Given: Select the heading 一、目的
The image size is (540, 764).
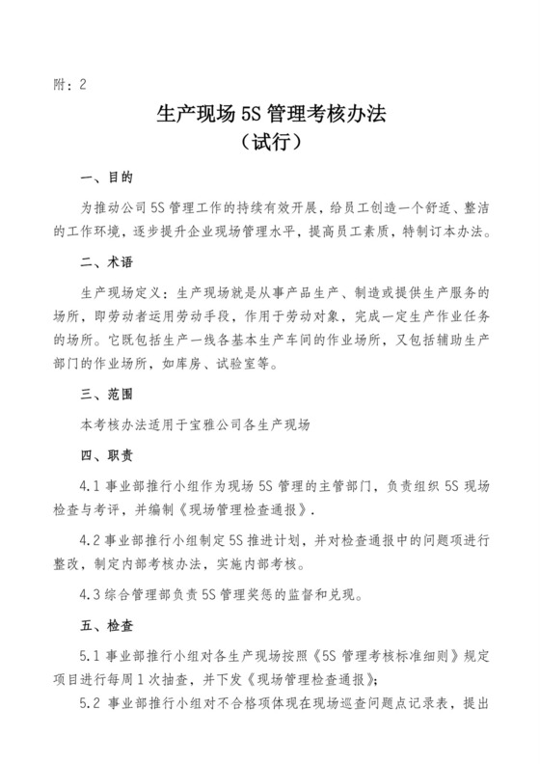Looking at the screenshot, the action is coord(106,179).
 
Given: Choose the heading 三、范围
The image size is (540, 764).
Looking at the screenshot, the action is coord(106,393).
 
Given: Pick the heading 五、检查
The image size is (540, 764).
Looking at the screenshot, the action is coord(106,623).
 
